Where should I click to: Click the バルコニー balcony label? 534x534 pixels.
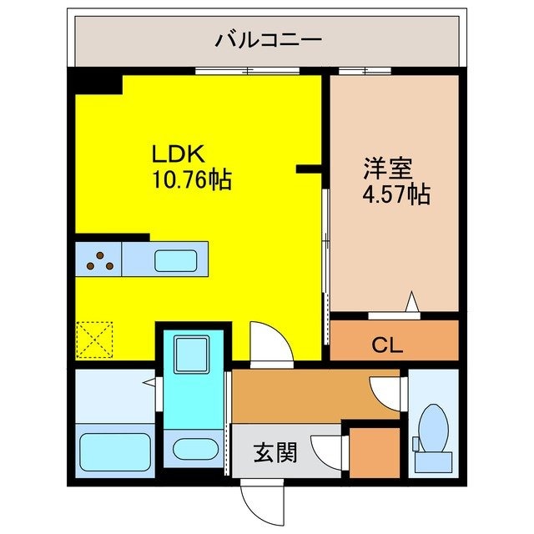268,39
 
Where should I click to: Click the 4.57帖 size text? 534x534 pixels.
395,195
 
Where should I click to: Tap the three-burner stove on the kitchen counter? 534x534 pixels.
99,261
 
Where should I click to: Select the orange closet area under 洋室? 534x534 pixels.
395,340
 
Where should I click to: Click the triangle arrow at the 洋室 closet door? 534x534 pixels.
411,302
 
